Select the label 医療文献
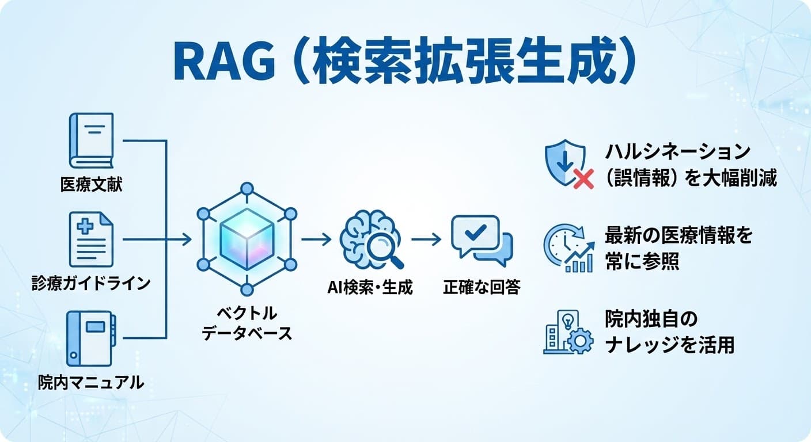click(91, 185)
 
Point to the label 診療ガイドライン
click(91, 283)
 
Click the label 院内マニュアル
click(91, 382)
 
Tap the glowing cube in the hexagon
click(247, 238)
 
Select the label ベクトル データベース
click(247, 323)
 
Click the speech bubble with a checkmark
click(480, 239)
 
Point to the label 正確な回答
click(481, 287)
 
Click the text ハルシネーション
click(677, 153)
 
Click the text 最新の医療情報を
click(678, 236)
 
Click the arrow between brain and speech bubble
click(426, 239)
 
